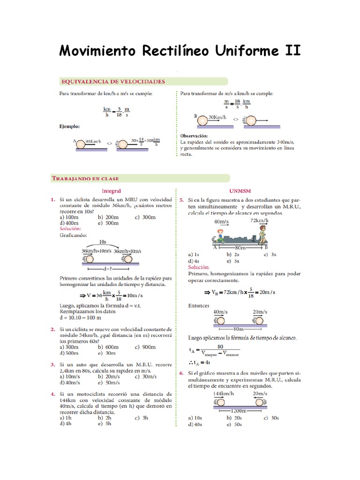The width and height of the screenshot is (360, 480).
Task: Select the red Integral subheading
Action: click(x=111, y=191)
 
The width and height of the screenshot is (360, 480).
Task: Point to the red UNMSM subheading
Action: click(x=240, y=191)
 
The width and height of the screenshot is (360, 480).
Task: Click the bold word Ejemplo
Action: click(x=69, y=126)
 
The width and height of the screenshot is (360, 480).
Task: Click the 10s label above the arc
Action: click(x=103, y=242)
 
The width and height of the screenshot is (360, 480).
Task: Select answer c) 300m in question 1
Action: click(x=144, y=217)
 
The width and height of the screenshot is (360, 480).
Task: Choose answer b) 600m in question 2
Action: click(x=108, y=347)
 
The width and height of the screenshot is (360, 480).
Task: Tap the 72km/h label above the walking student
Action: click(x=259, y=220)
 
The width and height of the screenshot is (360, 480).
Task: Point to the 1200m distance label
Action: click(x=240, y=410)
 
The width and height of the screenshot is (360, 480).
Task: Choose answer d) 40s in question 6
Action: click(x=195, y=424)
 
